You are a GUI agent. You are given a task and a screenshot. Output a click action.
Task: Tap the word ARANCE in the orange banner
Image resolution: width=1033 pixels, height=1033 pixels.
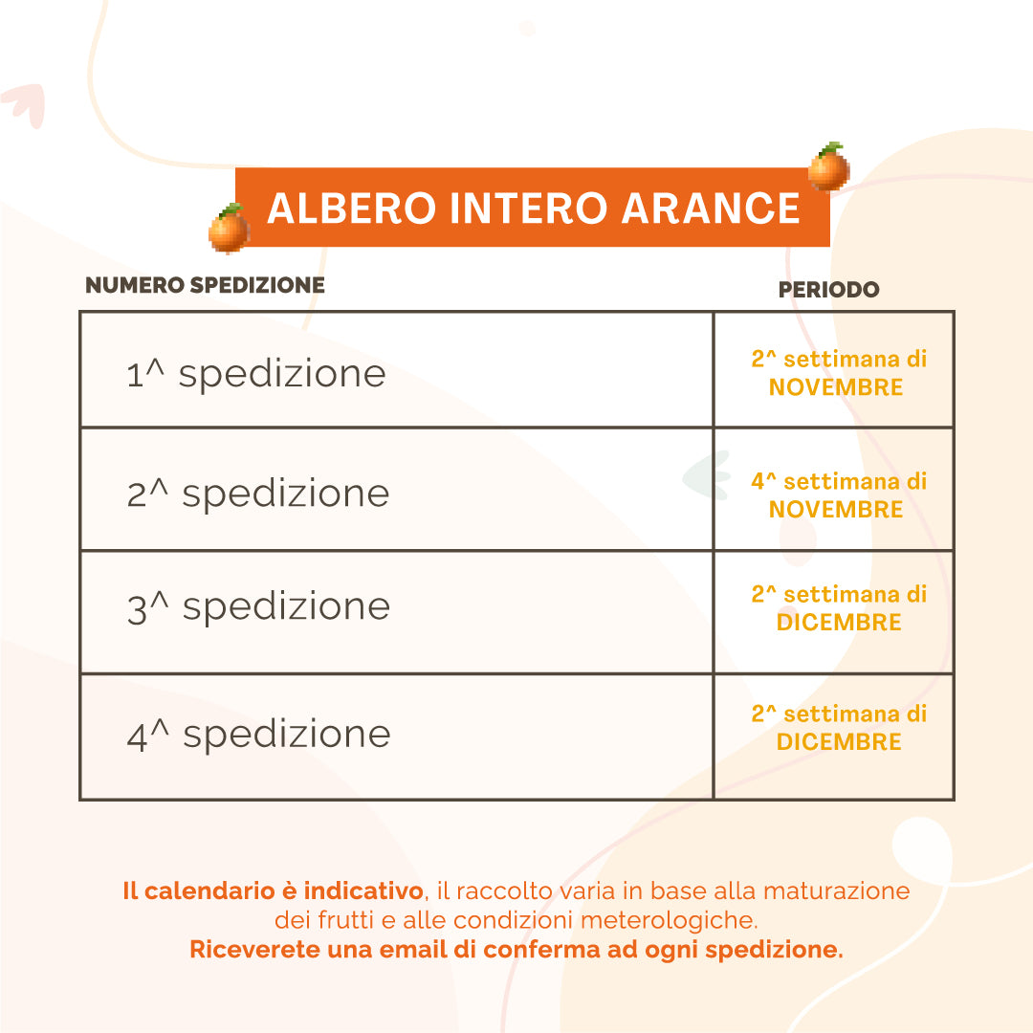pyautogui.click(x=711, y=209)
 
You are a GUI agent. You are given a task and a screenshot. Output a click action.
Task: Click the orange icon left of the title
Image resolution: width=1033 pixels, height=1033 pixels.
pyautogui.click(x=229, y=230)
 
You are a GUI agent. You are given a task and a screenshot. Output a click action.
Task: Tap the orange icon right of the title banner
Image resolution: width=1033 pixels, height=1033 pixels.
pyautogui.click(x=828, y=167)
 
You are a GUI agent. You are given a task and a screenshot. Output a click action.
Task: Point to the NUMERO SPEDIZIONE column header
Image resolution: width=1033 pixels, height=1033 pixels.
pyautogui.click(x=205, y=285)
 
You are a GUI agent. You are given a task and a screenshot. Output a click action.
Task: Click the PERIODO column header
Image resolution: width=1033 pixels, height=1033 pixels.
pyautogui.click(x=828, y=290)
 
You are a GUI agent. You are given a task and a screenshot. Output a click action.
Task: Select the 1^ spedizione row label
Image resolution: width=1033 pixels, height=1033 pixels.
pyautogui.click(x=256, y=373)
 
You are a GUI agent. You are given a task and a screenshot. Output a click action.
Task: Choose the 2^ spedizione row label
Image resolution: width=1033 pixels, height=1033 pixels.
pyautogui.click(x=258, y=494)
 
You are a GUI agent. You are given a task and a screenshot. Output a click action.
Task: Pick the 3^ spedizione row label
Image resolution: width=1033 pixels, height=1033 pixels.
pyautogui.click(x=258, y=606)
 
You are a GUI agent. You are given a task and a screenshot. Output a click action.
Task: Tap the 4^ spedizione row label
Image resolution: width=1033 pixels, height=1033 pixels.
pyautogui.click(x=258, y=734)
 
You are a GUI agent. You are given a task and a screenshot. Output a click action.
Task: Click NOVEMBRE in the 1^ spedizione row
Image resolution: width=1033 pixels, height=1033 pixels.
pyautogui.click(x=836, y=387)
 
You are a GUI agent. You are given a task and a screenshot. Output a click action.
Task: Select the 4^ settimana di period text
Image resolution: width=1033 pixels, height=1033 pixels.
pyautogui.click(x=839, y=481)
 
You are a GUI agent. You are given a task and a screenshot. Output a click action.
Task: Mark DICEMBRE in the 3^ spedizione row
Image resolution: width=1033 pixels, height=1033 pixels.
pyautogui.click(x=839, y=622)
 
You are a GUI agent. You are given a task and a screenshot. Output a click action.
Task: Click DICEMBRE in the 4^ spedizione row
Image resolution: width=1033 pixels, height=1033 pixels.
pyautogui.click(x=839, y=741)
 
